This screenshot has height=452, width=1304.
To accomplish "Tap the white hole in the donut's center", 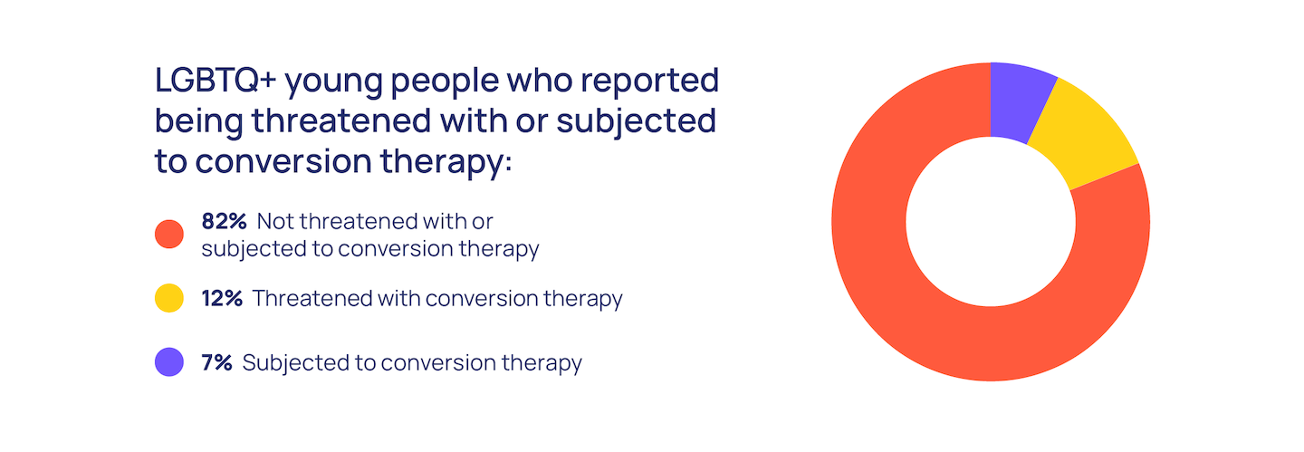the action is [x=991, y=222].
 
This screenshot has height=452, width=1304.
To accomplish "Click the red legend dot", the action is [x=169, y=235].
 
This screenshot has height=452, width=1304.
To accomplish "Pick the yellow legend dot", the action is [x=169, y=298].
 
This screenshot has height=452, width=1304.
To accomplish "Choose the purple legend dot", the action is [x=169, y=362].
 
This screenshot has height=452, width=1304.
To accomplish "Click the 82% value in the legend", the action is [x=225, y=221].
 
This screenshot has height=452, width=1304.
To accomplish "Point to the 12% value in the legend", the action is [x=222, y=298].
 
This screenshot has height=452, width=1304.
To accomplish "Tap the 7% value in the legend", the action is [x=216, y=362].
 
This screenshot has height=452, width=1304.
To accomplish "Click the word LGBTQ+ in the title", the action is [x=216, y=80].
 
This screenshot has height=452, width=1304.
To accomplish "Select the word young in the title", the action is [x=333, y=83].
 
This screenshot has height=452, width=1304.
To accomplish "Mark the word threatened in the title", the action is [x=341, y=120].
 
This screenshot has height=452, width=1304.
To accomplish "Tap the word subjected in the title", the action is [x=637, y=123].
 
